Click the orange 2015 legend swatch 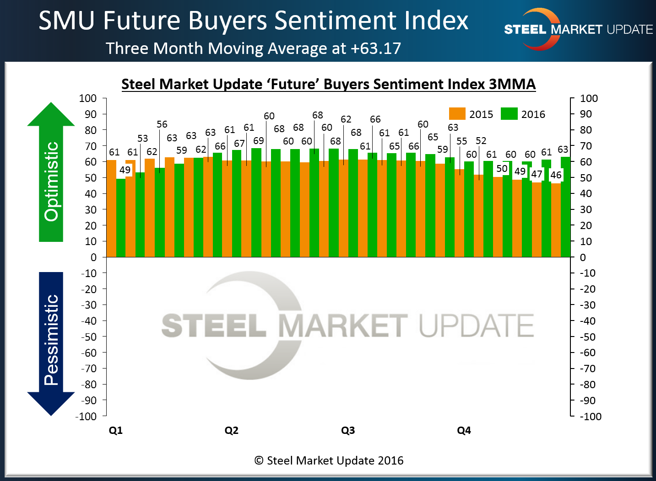pos(457,114)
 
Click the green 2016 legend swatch pos(509,114)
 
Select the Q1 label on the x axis pos(116,430)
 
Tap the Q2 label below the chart pos(232,430)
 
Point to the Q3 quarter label pos(348,430)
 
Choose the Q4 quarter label pos(464,430)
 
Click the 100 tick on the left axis pos(88,98)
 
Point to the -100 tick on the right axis pos(590,417)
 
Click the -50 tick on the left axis pos(89,337)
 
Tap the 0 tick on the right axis pos(583,257)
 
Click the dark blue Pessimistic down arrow pos(51,343)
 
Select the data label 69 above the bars pos(259,141)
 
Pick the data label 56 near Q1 pos(162,124)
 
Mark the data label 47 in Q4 pos(537,174)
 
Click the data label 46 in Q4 pos(556,175)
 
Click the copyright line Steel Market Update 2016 pos(329,460)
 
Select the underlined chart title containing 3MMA pos(328,84)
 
